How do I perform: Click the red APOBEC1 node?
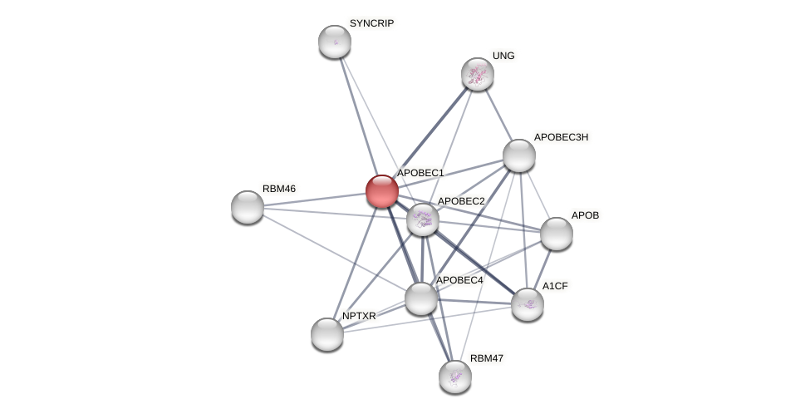382,190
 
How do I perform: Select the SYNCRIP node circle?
335,42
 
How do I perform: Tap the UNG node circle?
478,74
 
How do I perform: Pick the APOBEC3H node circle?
519,155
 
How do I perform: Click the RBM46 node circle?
248,207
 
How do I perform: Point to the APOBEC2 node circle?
423,219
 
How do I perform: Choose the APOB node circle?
557,234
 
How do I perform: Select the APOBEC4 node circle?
421,298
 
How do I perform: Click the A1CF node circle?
528,304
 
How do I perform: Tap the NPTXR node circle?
327,334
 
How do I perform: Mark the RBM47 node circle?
455,377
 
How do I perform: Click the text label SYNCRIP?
371,23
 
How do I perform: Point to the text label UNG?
503,56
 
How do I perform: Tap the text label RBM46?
279,189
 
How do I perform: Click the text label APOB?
585,215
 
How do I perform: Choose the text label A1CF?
555,286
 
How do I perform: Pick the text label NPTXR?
359,316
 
